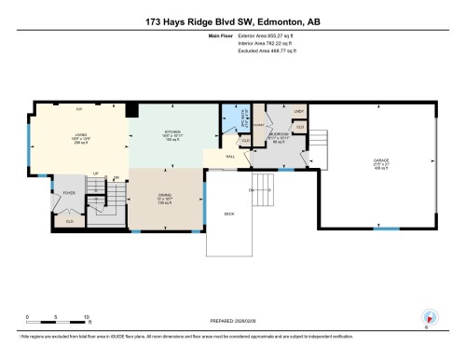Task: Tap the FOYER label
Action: (69, 193)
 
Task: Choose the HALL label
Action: (229, 157)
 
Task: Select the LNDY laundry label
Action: (298, 112)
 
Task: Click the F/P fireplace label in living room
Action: (79, 109)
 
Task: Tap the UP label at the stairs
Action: (96, 173)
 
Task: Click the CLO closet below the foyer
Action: (70, 220)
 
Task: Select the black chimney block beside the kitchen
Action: (132, 110)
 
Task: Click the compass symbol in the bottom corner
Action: (430, 317)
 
